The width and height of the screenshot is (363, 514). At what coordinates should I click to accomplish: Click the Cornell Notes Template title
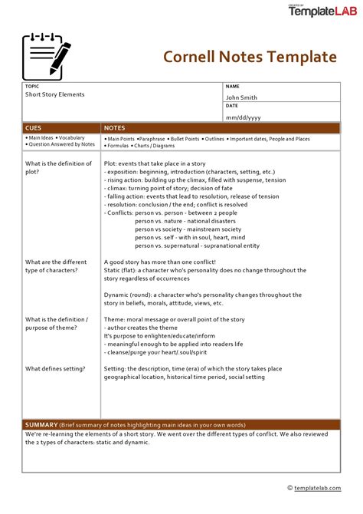click(x=250, y=58)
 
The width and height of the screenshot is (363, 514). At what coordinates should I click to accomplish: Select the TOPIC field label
click(x=31, y=87)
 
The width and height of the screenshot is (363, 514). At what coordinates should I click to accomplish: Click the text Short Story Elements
click(x=54, y=94)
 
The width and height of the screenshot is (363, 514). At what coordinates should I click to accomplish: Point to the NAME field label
click(x=233, y=87)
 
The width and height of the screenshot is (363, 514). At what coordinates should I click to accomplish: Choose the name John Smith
click(x=241, y=97)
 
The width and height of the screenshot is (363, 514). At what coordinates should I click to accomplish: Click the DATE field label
click(x=232, y=107)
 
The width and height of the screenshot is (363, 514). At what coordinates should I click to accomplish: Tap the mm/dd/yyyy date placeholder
click(x=243, y=117)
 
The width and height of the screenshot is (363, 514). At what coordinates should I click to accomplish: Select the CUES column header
click(x=34, y=128)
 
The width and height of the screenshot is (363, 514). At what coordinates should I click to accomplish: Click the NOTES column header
click(x=115, y=128)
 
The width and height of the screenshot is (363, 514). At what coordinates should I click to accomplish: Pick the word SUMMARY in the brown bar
click(x=41, y=424)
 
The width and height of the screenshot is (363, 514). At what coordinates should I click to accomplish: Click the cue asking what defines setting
click(x=56, y=368)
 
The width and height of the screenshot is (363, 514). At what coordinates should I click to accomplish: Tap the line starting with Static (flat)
click(x=204, y=270)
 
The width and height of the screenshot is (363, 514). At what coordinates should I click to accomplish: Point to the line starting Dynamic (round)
click(x=203, y=295)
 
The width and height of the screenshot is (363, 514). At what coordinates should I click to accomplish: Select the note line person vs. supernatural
click(x=197, y=245)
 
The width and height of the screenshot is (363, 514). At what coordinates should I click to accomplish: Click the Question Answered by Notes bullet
click(x=61, y=144)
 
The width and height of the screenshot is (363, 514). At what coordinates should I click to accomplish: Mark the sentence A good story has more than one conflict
click(x=160, y=262)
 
